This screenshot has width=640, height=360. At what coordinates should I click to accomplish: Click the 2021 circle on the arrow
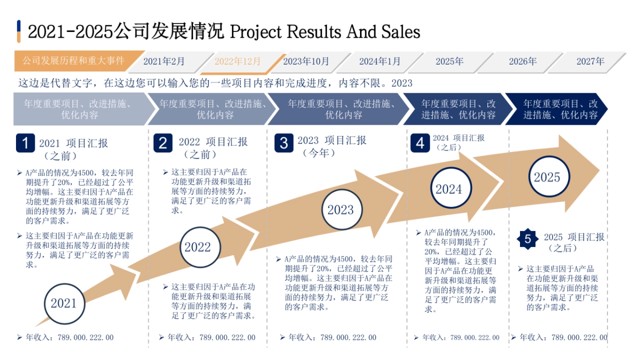tap(64, 303)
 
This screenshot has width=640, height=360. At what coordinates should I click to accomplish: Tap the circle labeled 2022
tap(198, 247)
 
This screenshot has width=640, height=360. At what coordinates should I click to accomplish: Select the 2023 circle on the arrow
tap(340, 210)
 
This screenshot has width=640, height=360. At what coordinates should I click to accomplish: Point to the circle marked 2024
tap(449, 189)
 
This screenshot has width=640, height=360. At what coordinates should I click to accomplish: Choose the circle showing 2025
tap(547, 177)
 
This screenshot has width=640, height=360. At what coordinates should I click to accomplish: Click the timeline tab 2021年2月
tap(164, 61)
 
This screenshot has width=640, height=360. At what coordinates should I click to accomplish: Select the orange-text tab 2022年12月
tap(238, 61)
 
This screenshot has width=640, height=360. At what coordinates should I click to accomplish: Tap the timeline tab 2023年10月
tap(306, 61)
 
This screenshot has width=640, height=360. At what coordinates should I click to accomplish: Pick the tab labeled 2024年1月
tap(380, 61)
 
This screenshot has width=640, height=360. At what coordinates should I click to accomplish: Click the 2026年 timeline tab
tap(523, 61)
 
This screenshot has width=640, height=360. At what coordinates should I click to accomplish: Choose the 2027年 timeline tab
tap(590, 61)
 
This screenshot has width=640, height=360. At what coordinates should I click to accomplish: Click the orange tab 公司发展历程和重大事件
tap(74, 61)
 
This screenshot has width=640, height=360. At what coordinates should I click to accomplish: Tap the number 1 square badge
tap(25, 143)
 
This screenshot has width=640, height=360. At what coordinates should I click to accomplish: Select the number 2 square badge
tap(163, 143)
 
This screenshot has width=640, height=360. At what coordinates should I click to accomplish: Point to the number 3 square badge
tap(284, 143)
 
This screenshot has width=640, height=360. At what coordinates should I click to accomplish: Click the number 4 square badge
tap(420, 143)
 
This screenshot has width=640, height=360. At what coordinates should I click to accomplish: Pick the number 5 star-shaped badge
tap(528, 239)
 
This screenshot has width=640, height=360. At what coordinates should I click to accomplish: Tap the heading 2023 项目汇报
tap(332, 140)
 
